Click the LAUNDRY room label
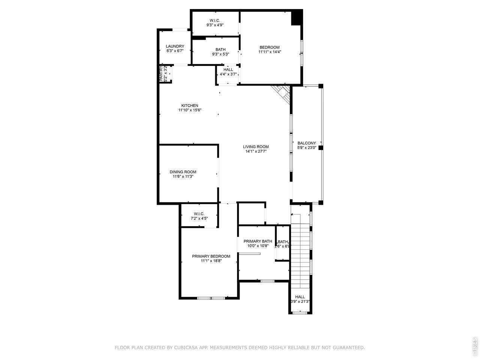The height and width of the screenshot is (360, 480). click(175, 46)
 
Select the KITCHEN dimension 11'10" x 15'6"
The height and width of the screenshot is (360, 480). click(190, 110)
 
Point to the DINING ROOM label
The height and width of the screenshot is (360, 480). click(183, 172)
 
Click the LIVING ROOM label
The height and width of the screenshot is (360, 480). click(256, 147)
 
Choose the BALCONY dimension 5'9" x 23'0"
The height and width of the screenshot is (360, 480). click(307, 148)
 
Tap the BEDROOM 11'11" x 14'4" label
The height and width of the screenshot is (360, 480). click(270, 47)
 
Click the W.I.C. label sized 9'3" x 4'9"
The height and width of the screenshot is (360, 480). click(215, 20)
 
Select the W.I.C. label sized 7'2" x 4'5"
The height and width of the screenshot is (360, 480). click(199, 214)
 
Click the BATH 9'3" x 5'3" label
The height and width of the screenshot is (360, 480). click(220, 49)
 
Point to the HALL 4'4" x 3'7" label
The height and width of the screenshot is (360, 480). click(228, 70)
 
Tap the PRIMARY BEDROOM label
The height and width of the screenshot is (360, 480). click(211, 256)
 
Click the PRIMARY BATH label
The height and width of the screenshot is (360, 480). click(258, 241)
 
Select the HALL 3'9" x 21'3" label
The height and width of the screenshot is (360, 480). click(300, 297)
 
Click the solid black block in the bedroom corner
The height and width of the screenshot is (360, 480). click(297, 17)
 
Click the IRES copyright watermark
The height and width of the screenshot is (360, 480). click(474, 346)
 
